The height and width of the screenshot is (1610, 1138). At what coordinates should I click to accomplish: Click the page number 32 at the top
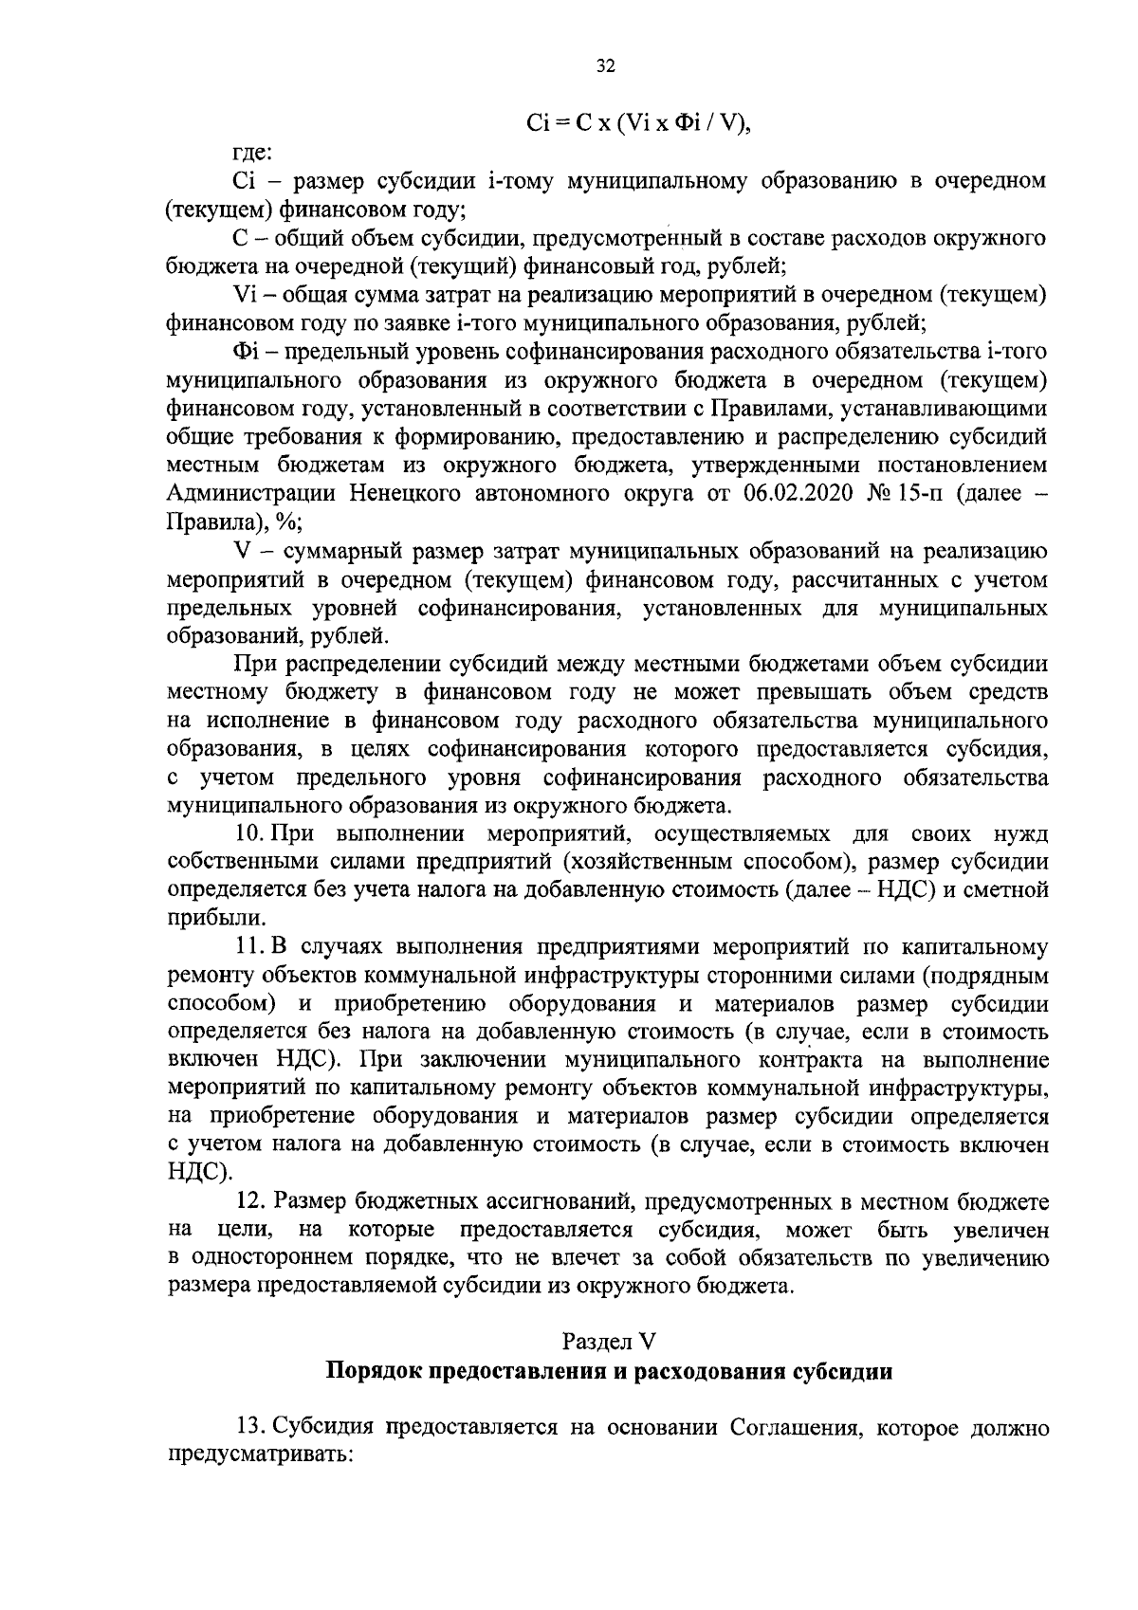(606, 65)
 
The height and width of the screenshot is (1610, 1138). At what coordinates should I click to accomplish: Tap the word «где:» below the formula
(252, 152)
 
